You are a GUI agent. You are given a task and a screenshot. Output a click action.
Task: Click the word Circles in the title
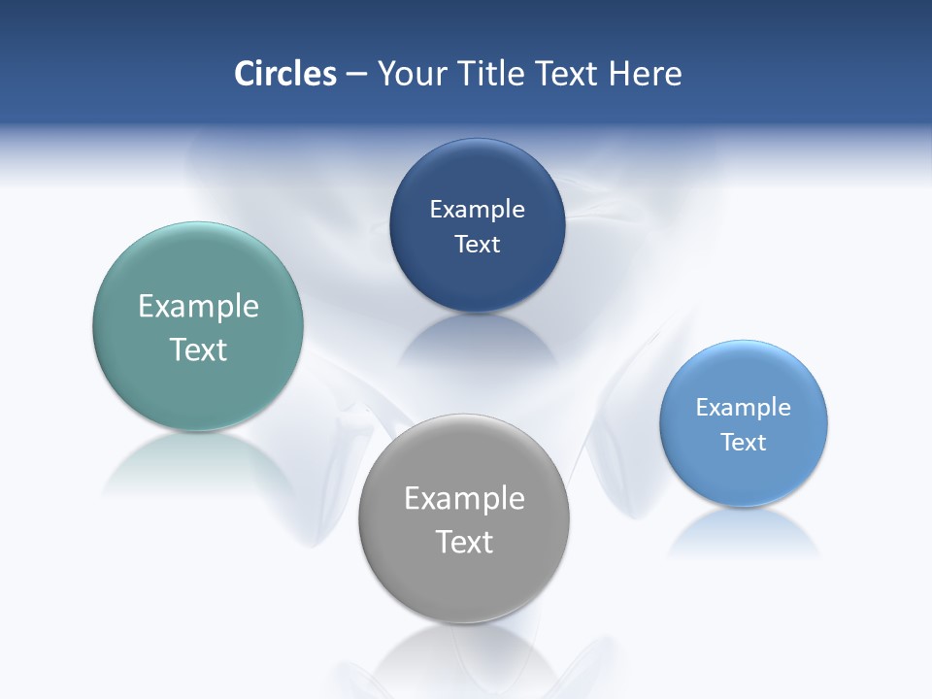pos(285,74)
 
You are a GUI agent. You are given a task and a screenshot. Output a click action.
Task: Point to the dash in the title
pos(356,75)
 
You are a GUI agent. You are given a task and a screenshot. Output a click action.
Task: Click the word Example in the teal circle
pos(198,306)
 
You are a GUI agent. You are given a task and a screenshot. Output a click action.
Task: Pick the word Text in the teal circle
pos(198,349)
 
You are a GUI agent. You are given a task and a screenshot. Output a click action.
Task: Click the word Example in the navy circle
pos(477,209)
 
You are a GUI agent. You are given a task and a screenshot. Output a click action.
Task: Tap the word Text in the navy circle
pos(477,244)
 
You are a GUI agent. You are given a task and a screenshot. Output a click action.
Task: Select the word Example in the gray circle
pos(464,498)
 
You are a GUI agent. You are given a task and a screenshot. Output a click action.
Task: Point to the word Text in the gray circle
pos(464,542)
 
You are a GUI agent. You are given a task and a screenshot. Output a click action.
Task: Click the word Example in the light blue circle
pos(744,407)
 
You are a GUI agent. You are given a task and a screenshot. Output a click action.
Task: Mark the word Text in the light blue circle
pos(744,442)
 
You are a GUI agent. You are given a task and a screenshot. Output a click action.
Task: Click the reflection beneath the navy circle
pos(477,340)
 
